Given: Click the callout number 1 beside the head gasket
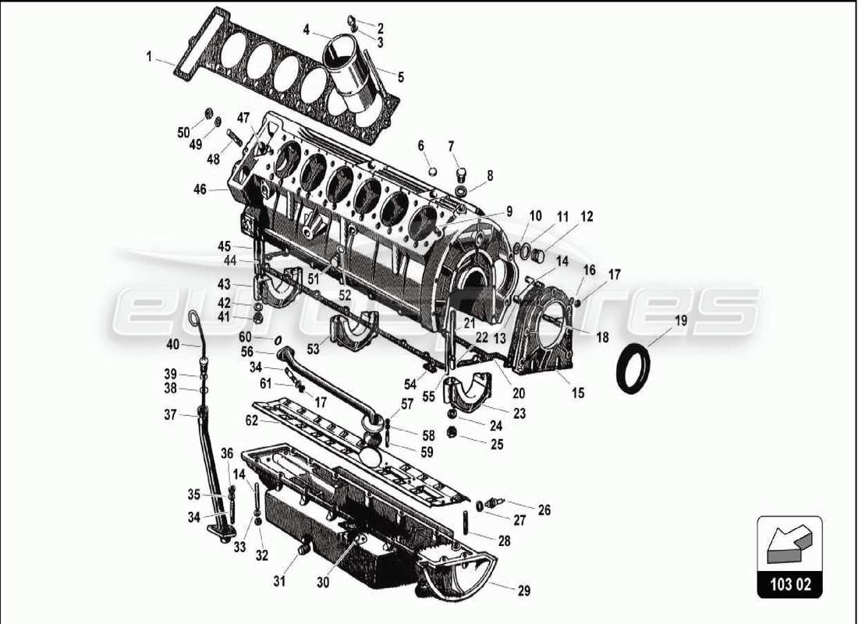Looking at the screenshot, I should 149,56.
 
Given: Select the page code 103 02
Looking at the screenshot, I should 789,582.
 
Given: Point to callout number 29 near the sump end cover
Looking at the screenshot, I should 523,591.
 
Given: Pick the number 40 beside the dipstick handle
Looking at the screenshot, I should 173,344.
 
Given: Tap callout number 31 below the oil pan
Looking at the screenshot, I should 279,580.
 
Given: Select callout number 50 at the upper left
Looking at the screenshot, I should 183,133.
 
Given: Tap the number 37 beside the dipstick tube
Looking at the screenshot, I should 170,415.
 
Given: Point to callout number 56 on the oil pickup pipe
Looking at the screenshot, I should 247,351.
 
